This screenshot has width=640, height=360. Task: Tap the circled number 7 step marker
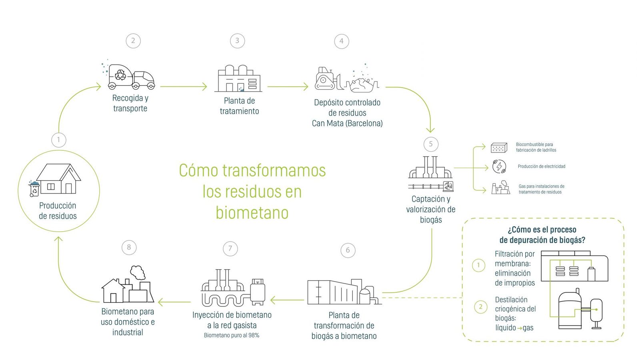230,248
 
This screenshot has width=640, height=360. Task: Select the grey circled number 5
431,144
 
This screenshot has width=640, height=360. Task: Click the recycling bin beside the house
34,188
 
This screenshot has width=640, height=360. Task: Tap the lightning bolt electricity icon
499,166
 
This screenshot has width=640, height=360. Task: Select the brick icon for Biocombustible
499,148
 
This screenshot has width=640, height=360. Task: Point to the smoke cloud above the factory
138,272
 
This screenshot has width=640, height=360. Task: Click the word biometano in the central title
252,213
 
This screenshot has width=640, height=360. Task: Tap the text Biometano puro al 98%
232,336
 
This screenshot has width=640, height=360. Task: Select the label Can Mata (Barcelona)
347,124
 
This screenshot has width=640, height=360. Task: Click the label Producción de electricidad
542,166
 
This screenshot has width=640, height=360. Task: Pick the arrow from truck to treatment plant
184,86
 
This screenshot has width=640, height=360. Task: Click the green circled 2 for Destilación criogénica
480,307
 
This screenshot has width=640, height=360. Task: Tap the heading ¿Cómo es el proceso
542,230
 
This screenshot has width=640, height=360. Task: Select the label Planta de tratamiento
240,106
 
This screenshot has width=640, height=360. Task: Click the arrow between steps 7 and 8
174,302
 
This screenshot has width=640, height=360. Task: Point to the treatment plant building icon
238,78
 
